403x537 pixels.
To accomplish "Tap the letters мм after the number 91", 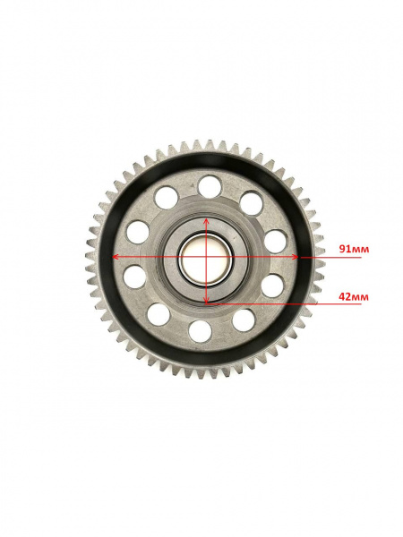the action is click(361, 250).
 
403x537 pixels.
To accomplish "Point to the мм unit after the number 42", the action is click(361, 298).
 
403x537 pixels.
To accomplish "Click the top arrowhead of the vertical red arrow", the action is click(206, 220).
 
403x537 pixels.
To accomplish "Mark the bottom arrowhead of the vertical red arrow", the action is click(206, 301).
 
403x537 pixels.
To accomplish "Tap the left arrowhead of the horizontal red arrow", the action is click(116, 257).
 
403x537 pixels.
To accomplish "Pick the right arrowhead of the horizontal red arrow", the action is click(295, 257).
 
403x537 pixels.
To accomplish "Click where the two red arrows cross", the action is click(206, 257).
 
